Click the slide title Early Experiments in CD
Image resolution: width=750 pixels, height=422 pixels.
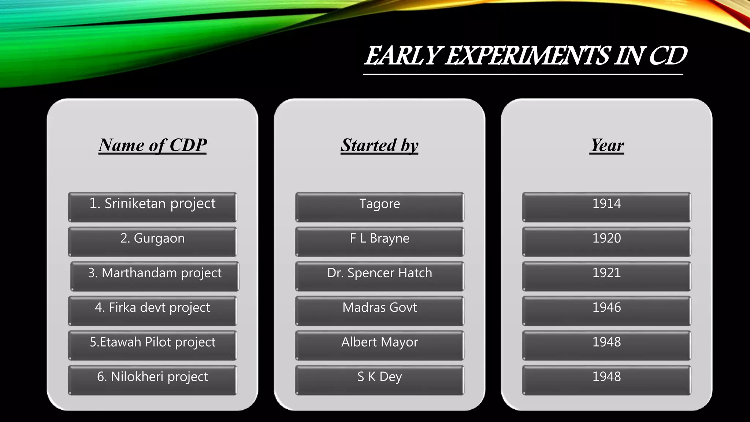point(525,56)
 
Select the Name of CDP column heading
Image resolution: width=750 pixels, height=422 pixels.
point(152,145)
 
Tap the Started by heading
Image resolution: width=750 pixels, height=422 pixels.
point(379,145)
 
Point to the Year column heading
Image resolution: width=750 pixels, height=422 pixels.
point(607,145)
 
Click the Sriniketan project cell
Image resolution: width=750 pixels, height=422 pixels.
point(152,207)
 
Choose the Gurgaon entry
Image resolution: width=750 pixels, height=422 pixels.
point(152,241)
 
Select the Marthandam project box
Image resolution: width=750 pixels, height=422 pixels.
point(155,276)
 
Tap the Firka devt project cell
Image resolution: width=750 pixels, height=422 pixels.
point(152,310)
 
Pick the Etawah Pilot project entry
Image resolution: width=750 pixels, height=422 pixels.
point(152,345)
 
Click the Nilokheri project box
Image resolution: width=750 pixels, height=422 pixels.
point(152,380)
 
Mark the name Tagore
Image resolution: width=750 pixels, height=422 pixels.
point(379,207)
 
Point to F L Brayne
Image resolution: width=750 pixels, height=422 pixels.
point(379,241)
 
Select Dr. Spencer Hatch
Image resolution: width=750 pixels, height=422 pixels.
point(379,276)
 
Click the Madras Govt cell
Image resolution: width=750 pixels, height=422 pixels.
point(379,310)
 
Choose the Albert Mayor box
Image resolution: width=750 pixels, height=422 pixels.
point(379,345)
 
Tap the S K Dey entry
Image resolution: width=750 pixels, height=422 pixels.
point(379,380)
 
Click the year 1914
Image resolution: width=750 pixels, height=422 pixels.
point(606,207)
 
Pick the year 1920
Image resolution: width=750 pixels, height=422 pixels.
point(606,241)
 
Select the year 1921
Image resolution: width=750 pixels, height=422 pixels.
point(606,276)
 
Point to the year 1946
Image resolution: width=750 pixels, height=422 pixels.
point(606,310)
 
